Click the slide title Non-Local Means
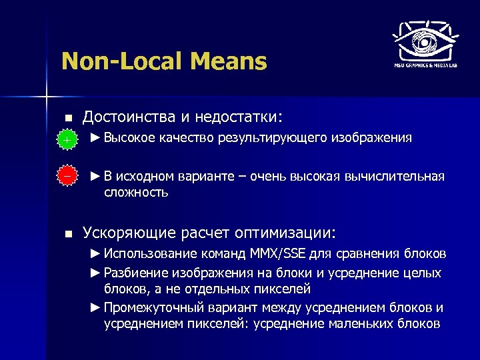click(163, 62)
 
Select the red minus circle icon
click(66, 176)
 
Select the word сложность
click(136, 193)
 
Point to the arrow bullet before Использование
click(96, 254)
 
